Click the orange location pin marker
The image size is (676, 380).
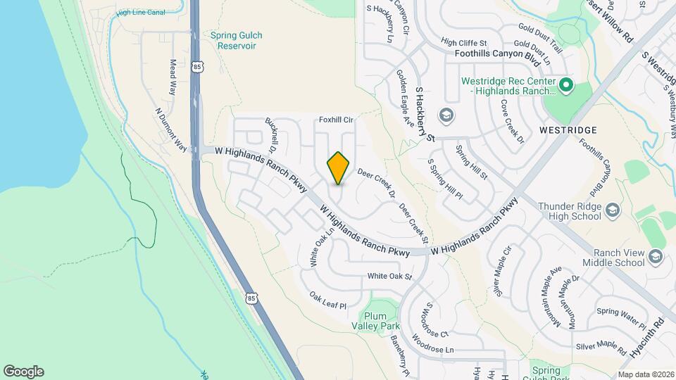(x=339, y=167)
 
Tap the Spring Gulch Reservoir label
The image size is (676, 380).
(x=233, y=40)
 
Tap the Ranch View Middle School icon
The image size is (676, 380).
(x=656, y=256)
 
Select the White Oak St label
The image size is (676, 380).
(x=389, y=277)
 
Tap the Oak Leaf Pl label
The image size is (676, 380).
(x=329, y=300)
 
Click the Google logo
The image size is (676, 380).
(x=23, y=372)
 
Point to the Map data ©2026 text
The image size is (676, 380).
(x=645, y=374)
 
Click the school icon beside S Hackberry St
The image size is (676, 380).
(x=445, y=115)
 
